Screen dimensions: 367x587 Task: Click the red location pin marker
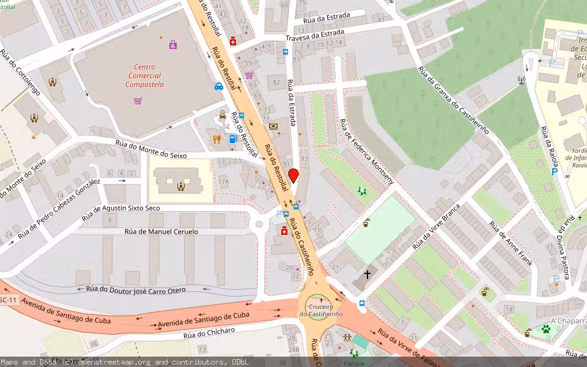(293, 176)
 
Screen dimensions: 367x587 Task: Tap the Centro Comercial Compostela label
(144, 76)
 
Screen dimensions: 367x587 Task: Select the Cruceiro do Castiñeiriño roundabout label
(320, 310)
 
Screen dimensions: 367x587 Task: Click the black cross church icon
(367, 275)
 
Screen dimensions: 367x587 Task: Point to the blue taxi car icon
(219, 86)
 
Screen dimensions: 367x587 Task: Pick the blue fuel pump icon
(232, 139)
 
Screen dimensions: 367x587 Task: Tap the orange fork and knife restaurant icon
(217, 139)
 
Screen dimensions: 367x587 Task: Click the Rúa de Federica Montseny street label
(367, 151)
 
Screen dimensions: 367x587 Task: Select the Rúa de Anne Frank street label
(510, 243)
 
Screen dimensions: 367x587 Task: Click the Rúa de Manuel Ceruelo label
(161, 232)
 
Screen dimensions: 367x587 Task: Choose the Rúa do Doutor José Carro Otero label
(131, 289)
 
